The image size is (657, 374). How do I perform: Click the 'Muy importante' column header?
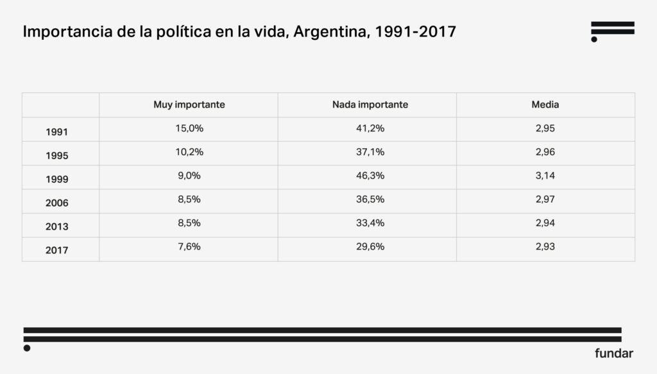tap(189, 105)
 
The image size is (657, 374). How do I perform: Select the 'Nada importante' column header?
tap(370, 105)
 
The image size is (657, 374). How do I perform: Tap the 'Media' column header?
tap(545, 105)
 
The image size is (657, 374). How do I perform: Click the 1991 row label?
tap(57, 132)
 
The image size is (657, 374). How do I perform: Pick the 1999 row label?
tap(57, 180)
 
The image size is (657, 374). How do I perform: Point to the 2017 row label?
tap(57, 251)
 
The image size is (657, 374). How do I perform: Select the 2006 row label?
tap(57, 203)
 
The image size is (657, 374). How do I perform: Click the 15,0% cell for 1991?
tap(189, 128)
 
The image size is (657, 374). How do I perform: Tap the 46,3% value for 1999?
tap(370, 176)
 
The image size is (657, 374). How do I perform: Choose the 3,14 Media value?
tap(545, 176)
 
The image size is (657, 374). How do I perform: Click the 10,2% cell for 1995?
tap(189, 152)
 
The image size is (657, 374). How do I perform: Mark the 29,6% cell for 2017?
tap(370, 247)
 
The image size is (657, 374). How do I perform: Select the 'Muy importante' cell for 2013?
tap(189, 223)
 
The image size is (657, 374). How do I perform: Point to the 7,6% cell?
tap(189, 247)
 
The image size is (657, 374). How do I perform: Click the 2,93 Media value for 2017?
tap(545, 247)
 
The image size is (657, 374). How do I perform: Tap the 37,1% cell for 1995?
tap(370, 152)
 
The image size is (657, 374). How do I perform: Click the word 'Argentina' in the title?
tap(328, 32)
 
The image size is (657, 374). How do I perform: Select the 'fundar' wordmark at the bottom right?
tap(614, 353)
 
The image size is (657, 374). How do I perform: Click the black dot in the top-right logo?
tap(594, 39)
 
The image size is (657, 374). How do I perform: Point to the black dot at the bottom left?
tap(27, 348)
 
